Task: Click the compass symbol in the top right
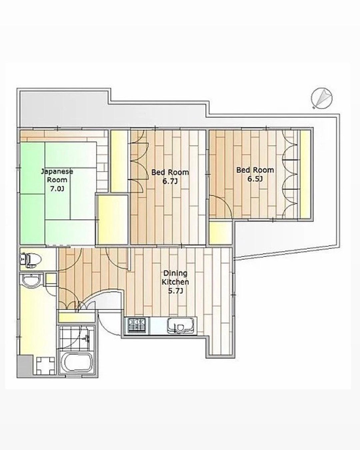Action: [322, 98]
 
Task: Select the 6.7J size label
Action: [170, 181]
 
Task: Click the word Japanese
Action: [57, 172]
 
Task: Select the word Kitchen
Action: [176, 282]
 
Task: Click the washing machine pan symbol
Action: [46, 367]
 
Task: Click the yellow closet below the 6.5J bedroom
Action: [221, 233]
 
